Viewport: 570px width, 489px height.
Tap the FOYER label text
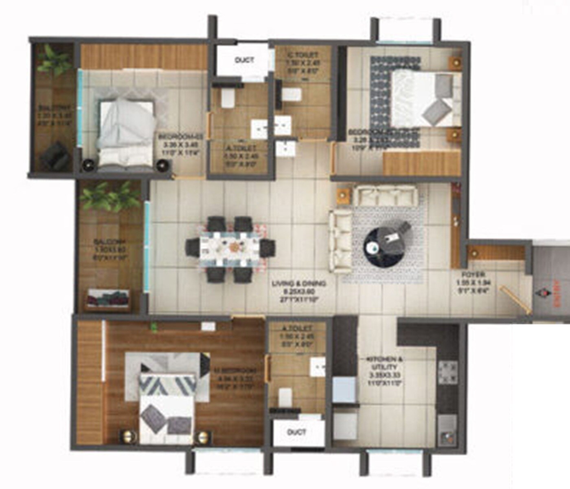tap(472, 275)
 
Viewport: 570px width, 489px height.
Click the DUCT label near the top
tap(244, 60)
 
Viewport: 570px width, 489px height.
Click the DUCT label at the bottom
tap(296, 432)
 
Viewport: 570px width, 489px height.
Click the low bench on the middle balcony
tap(108, 299)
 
